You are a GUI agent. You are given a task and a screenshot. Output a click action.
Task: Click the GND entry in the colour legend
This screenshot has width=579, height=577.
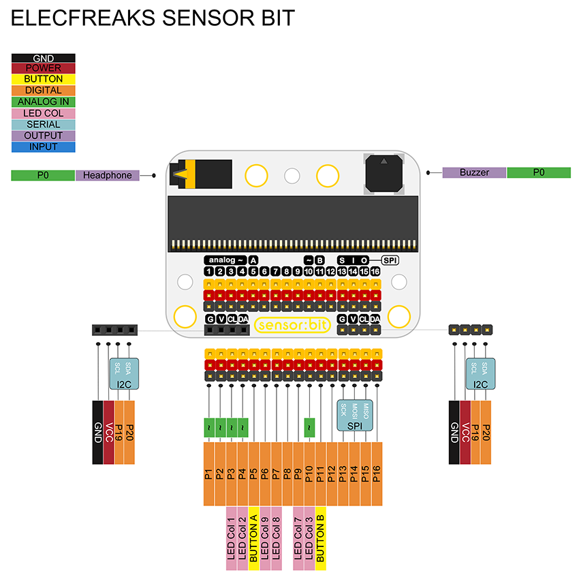[43, 59]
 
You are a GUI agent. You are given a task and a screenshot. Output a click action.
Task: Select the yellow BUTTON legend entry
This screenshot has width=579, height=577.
[43, 79]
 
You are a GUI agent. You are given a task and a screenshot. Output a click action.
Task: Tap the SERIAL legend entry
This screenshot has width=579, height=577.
[43, 124]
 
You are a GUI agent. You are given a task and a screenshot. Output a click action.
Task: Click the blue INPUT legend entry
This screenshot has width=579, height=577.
[43, 146]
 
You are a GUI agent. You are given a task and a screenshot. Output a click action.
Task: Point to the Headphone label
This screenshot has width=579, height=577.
[107, 175]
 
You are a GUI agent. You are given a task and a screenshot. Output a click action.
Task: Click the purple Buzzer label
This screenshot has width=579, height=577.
[474, 172]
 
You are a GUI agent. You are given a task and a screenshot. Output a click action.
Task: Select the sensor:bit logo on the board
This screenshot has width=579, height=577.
[292, 325]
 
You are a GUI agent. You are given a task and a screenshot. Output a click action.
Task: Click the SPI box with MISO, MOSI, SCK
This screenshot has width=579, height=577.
[356, 415]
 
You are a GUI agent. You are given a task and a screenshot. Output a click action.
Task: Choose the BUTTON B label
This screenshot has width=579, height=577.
[321, 538]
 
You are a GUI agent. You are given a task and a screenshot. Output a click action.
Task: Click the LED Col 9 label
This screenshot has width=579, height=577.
[265, 538]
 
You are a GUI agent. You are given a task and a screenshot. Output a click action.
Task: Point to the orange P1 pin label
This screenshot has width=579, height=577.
[209, 473]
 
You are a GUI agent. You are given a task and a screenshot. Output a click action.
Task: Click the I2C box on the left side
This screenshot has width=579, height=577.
[124, 374]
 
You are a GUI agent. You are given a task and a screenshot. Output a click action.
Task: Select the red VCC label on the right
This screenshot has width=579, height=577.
[466, 432]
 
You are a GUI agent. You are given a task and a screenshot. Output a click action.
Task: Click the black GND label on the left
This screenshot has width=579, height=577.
[97, 432]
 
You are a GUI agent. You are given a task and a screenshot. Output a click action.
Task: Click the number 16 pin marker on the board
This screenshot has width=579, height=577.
[375, 272]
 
